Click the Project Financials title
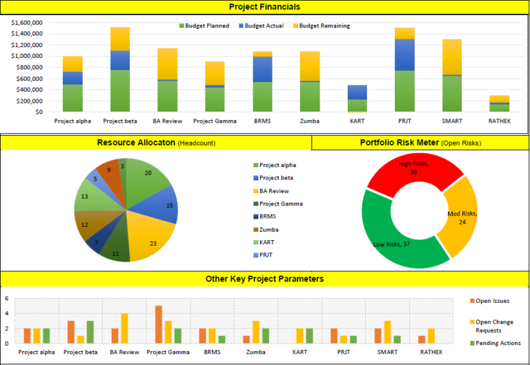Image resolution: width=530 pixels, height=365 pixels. pyautogui.click(x=264, y=7)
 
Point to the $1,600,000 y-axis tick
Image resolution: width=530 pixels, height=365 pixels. pyautogui.click(x=28, y=23)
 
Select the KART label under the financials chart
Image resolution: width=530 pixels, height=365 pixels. pyautogui.click(x=357, y=121)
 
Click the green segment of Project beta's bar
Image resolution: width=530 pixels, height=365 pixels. pyautogui.click(x=120, y=90)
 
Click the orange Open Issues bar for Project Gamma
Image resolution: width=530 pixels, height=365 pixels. pyautogui.click(x=159, y=324)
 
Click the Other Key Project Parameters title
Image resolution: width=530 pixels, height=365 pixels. pyautogui.click(x=264, y=279)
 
